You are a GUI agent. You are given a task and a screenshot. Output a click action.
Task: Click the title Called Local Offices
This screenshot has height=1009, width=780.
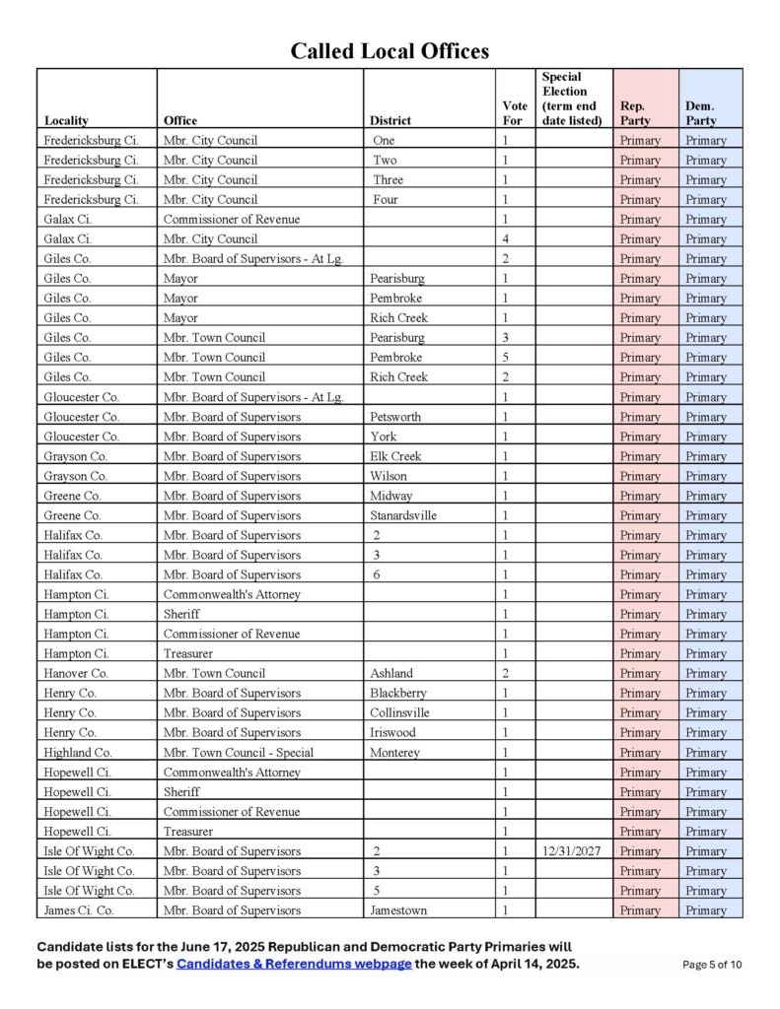pyautogui.click(x=390, y=51)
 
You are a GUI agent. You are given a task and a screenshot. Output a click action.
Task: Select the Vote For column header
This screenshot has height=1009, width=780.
pyautogui.click(x=515, y=113)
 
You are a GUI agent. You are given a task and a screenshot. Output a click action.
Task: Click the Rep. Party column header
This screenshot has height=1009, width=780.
pyautogui.click(x=635, y=113)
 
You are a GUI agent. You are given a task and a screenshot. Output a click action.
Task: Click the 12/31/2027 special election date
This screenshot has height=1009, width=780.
pyautogui.click(x=572, y=851)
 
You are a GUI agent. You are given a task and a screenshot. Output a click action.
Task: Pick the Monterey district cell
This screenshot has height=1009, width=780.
pyautogui.click(x=394, y=753)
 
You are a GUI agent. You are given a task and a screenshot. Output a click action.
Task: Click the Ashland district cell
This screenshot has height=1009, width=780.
pyautogui.click(x=391, y=674)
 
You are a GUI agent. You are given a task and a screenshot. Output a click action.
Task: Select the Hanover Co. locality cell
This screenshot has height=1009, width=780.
pyautogui.click(x=76, y=674)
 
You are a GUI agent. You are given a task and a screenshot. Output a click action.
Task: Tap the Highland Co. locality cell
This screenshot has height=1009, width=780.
pyautogui.click(x=78, y=753)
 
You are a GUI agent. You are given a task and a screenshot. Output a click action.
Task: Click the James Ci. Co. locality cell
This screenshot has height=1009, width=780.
pyautogui.click(x=79, y=910)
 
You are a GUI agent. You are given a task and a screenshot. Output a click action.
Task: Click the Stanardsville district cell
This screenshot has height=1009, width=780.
pyautogui.click(x=403, y=515)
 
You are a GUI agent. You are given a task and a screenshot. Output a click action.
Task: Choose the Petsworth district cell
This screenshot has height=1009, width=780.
pyautogui.click(x=395, y=417)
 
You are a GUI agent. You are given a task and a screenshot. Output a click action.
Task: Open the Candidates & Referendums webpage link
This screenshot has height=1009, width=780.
pyautogui.click(x=294, y=964)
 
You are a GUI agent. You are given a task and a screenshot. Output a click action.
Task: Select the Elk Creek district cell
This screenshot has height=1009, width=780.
pyautogui.click(x=395, y=456)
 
